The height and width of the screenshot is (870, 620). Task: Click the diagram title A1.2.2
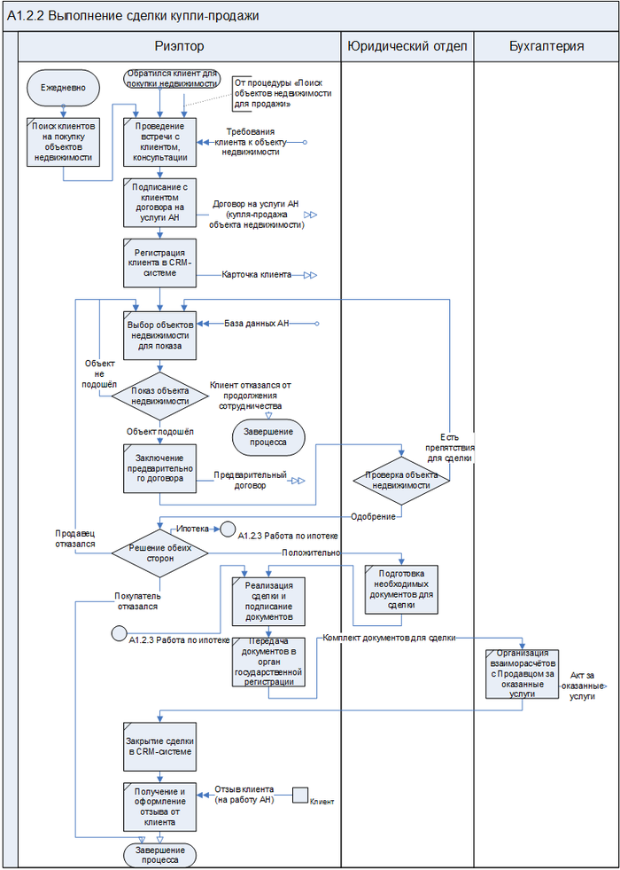[133, 16]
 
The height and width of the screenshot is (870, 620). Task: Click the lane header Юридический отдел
[407, 46]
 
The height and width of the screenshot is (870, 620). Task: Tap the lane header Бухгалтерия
[546, 46]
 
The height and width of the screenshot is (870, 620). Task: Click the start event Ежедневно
[62, 89]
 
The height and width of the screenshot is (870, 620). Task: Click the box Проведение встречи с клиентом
[159, 142]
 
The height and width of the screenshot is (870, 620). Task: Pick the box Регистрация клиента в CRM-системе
[159, 263]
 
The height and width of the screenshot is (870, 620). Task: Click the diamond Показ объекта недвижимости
[159, 396]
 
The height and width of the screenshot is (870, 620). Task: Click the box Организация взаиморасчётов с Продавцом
[522, 674]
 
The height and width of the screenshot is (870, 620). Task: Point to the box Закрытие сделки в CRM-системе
[159, 747]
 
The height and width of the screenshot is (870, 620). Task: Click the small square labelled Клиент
[299, 795]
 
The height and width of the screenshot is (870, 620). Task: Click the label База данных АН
[257, 323]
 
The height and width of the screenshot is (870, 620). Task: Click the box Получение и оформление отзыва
[159, 805]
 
